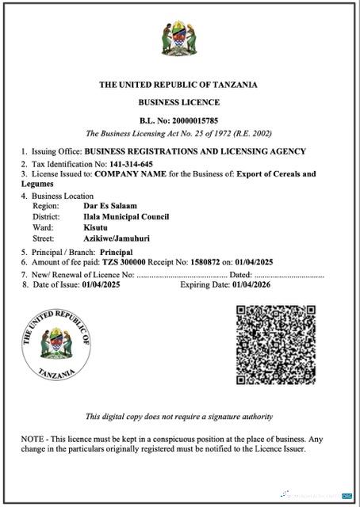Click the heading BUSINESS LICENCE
[179, 103]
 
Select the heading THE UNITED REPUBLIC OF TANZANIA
[179, 85]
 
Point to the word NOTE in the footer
[35, 438]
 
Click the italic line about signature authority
[179, 417]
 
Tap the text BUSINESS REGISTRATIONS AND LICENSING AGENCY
[195, 151]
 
